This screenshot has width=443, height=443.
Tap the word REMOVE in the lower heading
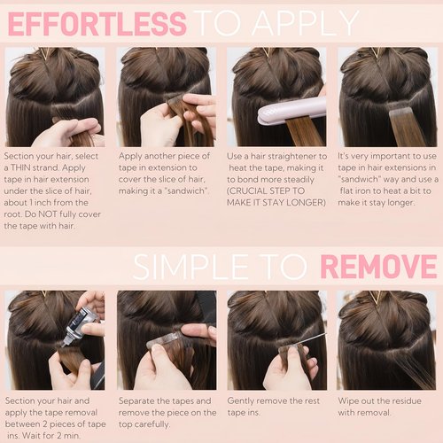(377, 265)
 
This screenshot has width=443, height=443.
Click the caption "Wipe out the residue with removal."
(383, 407)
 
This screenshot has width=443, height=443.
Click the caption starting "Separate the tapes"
(167, 413)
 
